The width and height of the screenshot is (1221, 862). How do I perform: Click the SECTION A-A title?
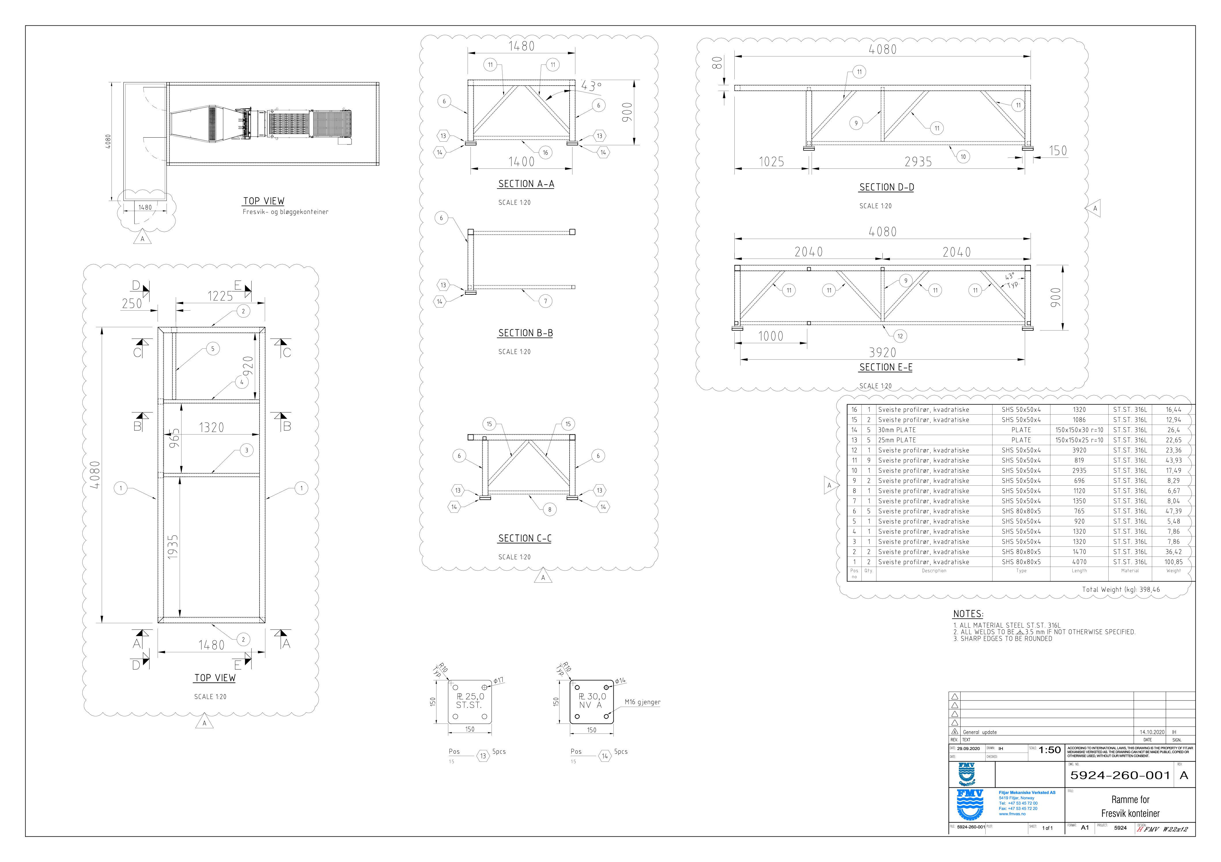coord(526,184)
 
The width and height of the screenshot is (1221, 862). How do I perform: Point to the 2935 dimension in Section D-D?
coord(918,162)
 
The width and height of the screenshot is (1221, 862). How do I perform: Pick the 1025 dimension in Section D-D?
coord(771,162)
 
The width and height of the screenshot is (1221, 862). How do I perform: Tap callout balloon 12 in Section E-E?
coord(900,336)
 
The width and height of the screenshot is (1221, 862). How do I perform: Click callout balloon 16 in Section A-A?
coord(545,153)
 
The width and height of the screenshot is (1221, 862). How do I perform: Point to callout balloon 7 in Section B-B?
coord(545,301)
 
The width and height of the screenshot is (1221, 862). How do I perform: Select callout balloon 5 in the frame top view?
coord(213,349)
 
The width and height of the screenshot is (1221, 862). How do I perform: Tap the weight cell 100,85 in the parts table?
coord(1173,562)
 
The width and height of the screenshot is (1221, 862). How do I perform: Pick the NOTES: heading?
coord(968,614)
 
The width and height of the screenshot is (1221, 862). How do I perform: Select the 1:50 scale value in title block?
coord(1049,750)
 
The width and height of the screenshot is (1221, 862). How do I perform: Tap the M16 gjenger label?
coord(642,702)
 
